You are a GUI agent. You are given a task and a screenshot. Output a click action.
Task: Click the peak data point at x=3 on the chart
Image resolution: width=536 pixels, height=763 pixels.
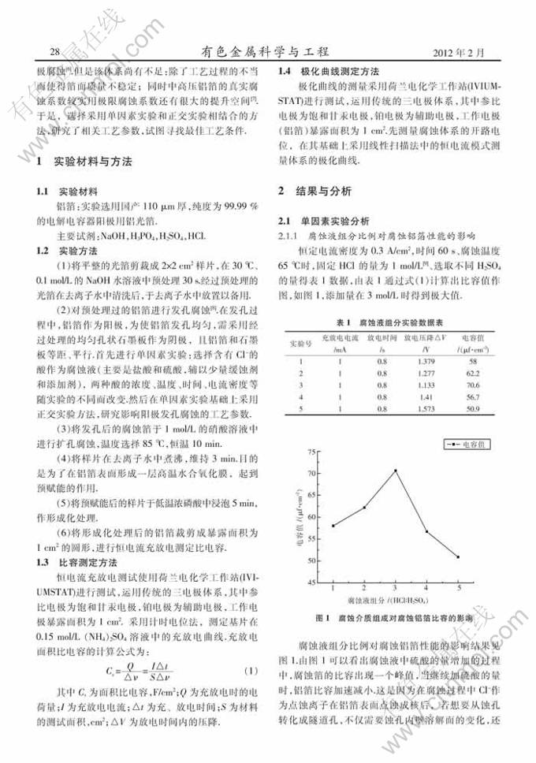pyautogui.click(x=395, y=471)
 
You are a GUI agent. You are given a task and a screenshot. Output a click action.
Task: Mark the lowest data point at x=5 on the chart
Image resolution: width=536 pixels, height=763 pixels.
pyautogui.click(x=457, y=557)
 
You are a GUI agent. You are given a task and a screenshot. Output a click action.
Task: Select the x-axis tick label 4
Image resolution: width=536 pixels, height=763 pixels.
pyautogui.click(x=426, y=589)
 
